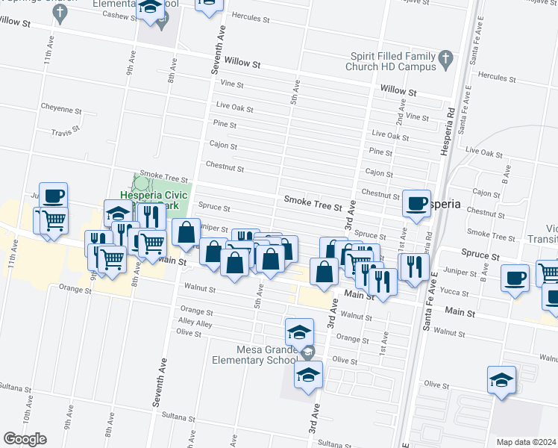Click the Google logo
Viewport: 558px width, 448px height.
pos(25,439)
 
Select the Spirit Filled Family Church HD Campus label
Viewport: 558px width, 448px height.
pos(390,60)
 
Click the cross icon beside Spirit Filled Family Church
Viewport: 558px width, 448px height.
pos(445,57)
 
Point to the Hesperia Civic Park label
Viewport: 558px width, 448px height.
pos(150,199)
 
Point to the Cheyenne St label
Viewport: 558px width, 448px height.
pos(61,110)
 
